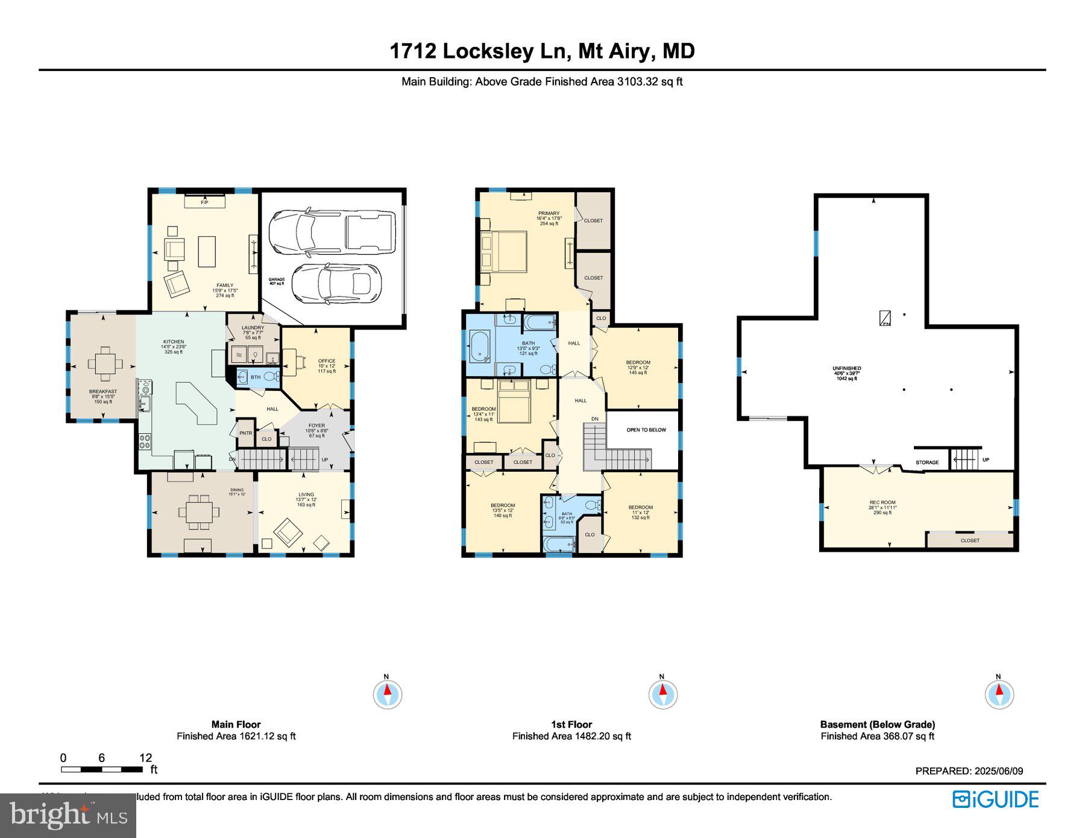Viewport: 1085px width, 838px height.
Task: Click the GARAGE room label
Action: pos(276,281)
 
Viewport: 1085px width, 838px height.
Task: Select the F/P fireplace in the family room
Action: pos(204,202)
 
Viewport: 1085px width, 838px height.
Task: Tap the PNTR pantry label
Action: pos(245,433)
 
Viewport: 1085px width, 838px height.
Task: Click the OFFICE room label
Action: pos(327,361)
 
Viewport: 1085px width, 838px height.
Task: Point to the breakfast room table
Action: pos(105,363)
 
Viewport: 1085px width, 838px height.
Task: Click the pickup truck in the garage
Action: pos(332,232)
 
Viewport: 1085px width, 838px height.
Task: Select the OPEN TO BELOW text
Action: pos(646,430)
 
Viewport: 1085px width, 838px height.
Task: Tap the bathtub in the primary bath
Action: pos(481,347)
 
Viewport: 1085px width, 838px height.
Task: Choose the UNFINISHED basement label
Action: pos(846,368)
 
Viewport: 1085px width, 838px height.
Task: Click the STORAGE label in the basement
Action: pos(927,462)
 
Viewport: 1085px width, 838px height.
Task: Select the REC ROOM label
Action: pos(882,502)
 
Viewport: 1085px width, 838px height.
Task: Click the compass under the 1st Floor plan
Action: pos(662,695)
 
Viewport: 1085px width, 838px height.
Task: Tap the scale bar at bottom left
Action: pos(101,769)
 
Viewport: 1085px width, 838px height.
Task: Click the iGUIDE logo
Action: pos(995,799)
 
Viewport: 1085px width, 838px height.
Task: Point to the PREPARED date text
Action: pos(969,771)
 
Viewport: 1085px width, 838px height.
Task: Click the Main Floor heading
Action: pos(236,724)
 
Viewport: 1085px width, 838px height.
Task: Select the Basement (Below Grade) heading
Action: pos(877,724)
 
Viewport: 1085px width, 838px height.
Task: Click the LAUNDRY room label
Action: pos(253,328)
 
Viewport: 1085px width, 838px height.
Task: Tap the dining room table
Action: pos(199,512)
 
